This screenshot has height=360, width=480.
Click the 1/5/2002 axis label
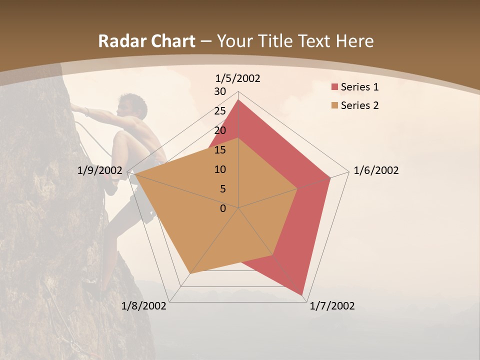[238, 78]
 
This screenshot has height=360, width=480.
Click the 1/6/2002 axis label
[376, 170]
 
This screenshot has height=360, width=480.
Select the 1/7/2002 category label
[332, 306]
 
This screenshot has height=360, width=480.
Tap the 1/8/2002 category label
[144, 306]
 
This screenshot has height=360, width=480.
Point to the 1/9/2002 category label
[100, 170]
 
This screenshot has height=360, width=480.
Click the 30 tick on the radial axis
[220, 91]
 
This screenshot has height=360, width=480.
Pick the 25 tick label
[220, 111]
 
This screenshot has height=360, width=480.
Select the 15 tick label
[220, 150]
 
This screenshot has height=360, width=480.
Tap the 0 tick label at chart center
[223, 208]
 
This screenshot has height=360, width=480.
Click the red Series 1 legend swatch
[334, 87]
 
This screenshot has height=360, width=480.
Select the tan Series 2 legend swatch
[334, 105]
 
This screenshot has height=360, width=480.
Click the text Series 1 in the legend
[359, 87]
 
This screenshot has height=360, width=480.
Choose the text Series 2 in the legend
[359, 105]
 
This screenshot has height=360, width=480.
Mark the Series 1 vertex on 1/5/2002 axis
[238, 99]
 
